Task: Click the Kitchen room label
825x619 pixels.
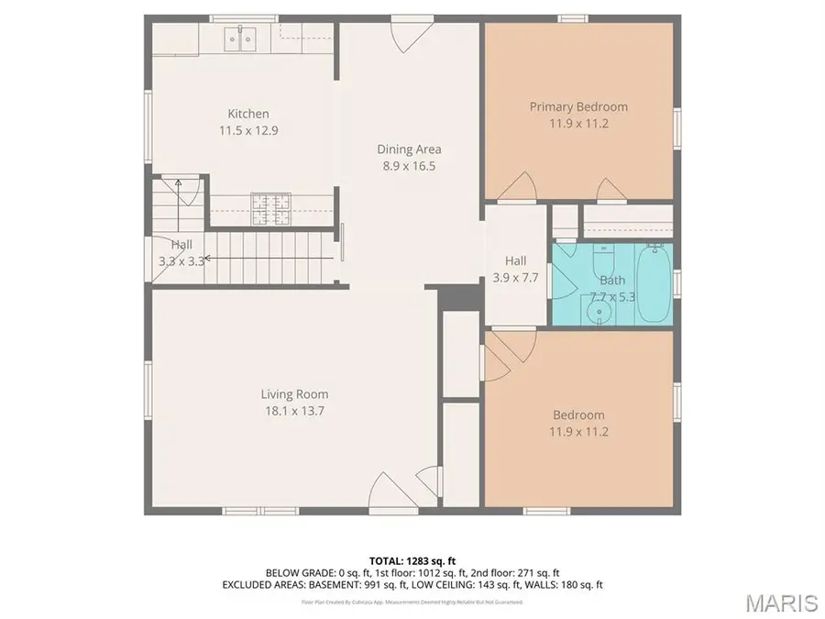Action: (248, 114)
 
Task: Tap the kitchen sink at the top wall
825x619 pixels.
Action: (240, 39)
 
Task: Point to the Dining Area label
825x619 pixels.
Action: (409, 149)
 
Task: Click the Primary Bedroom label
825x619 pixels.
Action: (578, 106)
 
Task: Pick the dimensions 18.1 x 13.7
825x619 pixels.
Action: (293, 412)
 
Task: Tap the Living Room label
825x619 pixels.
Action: (293, 395)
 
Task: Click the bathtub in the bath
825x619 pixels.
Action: (654, 284)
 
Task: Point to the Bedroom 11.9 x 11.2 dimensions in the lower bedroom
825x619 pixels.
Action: (578, 432)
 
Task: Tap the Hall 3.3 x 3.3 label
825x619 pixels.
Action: (181, 252)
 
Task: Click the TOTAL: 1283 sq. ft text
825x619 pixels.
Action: (412, 559)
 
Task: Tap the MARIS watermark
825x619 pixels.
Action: (781, 602)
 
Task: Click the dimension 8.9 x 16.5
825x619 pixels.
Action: (409, 166)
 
